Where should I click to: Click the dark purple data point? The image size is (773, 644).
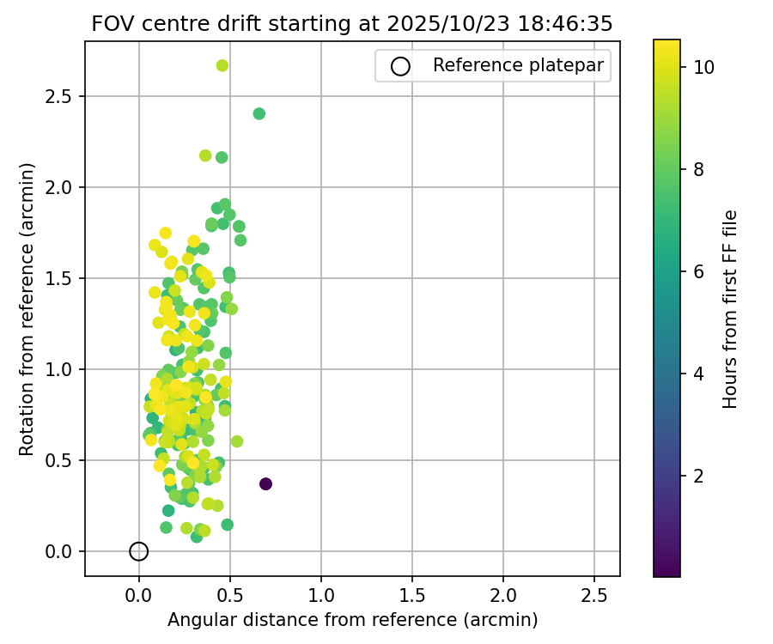tap(265, 483)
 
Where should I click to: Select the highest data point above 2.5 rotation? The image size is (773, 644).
tap(222, 65)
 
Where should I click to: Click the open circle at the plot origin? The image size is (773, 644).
tap(139, 551)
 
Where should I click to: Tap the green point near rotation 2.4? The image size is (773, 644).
tap(259, 113)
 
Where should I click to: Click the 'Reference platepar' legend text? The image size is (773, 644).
tap(518, 65)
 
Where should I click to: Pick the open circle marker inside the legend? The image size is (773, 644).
tap(400, 65)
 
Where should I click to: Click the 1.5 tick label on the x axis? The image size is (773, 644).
tap(412, 596)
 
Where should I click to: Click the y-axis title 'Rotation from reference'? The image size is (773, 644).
tap(27, 309)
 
